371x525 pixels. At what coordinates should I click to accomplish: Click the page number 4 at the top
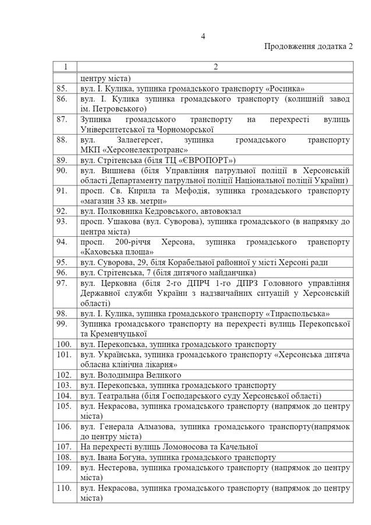(203, 36)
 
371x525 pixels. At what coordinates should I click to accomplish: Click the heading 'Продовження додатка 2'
(309, 47)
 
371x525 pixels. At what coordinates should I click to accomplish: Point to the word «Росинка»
(285, 89)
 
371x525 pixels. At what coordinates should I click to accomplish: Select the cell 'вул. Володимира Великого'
(131, 374)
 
